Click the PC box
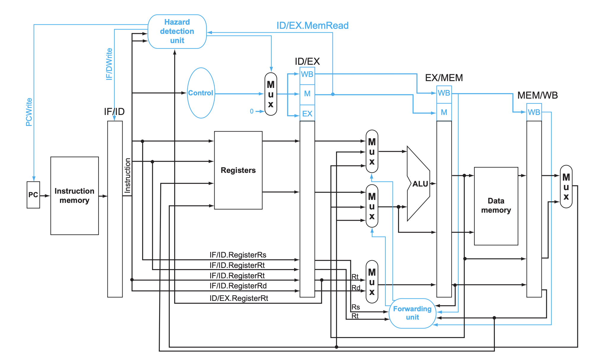tap(33, 195)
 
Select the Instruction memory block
tap(75, 196)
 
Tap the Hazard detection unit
tap(177, 31)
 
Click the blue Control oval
tap(201, 93)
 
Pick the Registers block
tap(238, 170)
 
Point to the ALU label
tap(420, 184)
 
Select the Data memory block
tap(496, 206)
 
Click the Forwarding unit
tap(412, 313)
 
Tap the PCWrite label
tap(29, 112)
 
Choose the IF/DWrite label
tap(109, 64)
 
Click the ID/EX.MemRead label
tap(312, 26)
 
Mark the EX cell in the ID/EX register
tap(307, 114)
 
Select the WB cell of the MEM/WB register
tap(534, 112)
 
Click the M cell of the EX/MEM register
tap(444, 112)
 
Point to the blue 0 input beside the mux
tap(252, 111)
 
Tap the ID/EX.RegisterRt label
tap(239, 298)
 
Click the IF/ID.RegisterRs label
tap(238, 255)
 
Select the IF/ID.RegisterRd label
tap(238, 286)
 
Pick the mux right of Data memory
tap(566, 187)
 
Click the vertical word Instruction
tap(127, 176)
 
